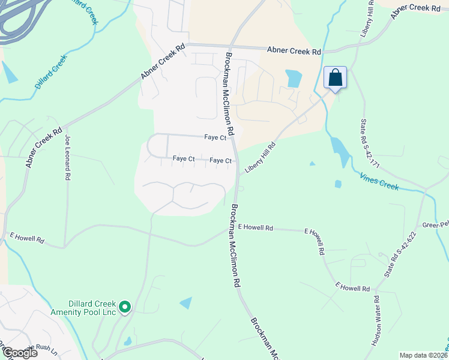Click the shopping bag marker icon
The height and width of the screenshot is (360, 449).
(336, 77)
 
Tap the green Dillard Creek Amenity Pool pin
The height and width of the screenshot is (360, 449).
(125, 308)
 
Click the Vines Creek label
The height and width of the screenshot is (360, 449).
(379, 182)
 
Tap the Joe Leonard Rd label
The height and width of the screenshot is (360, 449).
(67, 158)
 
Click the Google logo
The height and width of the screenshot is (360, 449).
(19, 353)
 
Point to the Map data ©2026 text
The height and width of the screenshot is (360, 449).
(424, 355)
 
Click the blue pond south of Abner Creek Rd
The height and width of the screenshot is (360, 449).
(294, 78)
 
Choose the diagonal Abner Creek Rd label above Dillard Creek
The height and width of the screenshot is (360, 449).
(161, 62)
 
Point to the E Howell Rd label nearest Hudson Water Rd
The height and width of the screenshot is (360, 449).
(352, 289)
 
